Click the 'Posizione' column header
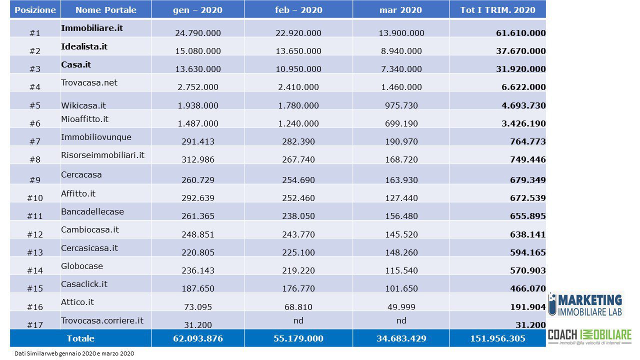[x=35, y=10]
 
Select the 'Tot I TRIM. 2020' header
[x=497, y=10]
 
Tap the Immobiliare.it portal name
[x=92, y=28]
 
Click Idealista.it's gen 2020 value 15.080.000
[x=197, y=51]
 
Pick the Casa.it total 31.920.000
[x=521, y=69]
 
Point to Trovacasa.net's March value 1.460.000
[x=401, y=87]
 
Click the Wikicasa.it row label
[x=83, y=105]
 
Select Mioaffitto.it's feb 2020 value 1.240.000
[x=298, y=123]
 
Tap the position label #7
[x=35, y=141]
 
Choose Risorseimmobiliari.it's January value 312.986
[x=197, y=159]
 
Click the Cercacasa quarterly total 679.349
[x=528, y=180]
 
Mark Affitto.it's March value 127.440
[x=401, y=198]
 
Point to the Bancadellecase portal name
[x=92, y=211]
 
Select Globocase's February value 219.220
[x=298, y=270]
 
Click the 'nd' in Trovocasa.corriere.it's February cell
[x=298, y=320]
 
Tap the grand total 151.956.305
[x=497, y=338]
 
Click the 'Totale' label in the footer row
[x=80, y=338]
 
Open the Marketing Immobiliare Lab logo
[x=585, y=305]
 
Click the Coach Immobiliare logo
[x=589, y=337]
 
